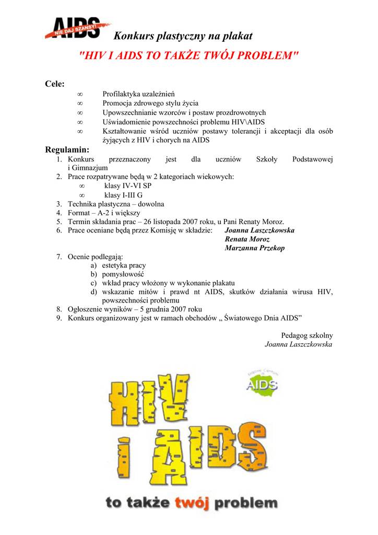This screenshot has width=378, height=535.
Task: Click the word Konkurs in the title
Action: [133, 36]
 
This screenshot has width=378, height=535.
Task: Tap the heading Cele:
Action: [55, 84]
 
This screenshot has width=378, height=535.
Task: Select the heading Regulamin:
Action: [67, 150]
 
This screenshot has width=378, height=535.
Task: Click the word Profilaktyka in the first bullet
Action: [122, 94]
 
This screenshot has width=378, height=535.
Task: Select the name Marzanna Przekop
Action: [254, 248]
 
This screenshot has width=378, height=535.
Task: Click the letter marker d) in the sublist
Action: [94, 292]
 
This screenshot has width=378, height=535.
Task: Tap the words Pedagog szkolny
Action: [307, 335]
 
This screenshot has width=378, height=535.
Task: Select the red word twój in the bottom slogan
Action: [192, 503]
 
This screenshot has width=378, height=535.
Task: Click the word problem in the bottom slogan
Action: [246, 504]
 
